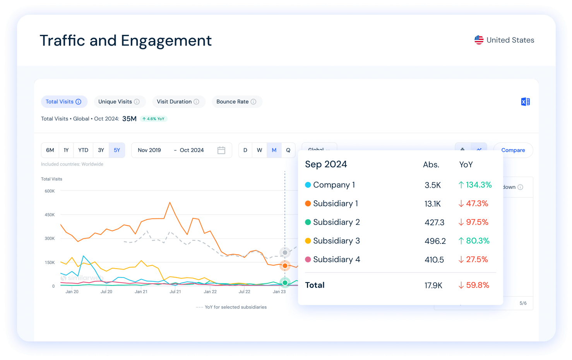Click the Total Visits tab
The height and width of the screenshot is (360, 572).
coord(64,102)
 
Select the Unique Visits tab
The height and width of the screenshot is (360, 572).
coord(119,102)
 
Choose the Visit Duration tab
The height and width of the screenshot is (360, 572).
coord(178,102)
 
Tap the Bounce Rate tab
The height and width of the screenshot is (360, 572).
coord(236,102)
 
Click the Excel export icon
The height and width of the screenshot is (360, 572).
coord(525,102)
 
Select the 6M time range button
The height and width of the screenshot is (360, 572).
coord(50,150)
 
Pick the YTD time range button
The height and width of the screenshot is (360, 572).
coord(83,150)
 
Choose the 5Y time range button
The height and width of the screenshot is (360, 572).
coord(117,150)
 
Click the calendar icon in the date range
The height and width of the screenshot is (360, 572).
coord(221,150)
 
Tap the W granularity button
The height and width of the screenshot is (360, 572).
coord(259,150)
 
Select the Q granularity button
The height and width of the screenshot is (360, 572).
coord(288,150)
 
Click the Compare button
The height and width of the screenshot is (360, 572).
coord(513,150)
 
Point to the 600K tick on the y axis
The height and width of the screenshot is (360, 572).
coord(50,191)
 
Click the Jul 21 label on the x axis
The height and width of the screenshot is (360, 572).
coord(175,292)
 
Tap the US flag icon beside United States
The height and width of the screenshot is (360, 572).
coord(479,40)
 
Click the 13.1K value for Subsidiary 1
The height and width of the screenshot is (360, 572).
coord(433,204)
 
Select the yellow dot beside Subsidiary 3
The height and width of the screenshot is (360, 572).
coord(308,241)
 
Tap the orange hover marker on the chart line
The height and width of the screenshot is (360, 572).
coord(285,266)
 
